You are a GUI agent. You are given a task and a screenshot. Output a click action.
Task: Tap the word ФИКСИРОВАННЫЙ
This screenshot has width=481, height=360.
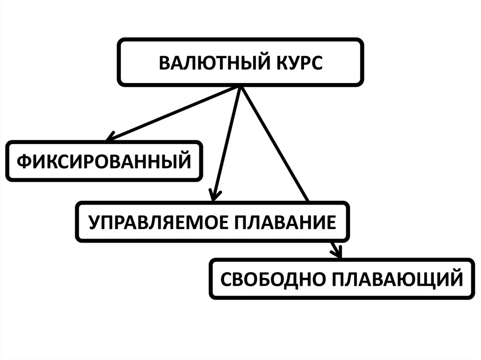pyautogui.click(x=104, y=161)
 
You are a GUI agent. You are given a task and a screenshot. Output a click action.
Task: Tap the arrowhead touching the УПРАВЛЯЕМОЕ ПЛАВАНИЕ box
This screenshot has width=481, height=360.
pyautogui.click(x=214, y=196)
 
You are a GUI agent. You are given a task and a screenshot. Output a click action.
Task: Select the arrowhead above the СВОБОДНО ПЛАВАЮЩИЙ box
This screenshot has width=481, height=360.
pyautogui.click(x=336, y=253)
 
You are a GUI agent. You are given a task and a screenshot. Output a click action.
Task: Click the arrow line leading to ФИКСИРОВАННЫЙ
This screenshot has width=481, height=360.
pyautogui.click(x=174, y=113)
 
